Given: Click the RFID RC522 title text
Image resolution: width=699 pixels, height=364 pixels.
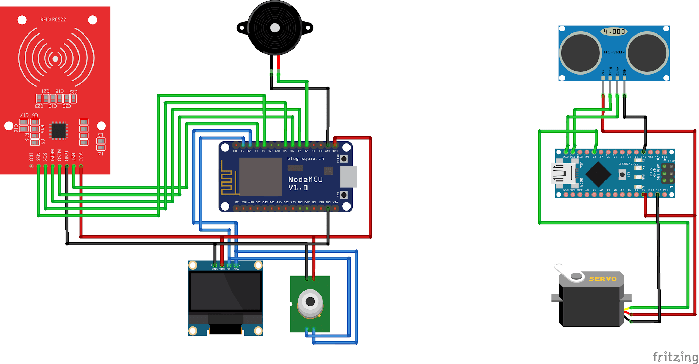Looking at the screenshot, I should [53, 19].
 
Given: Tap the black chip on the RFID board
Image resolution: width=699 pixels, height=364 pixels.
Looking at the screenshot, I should [58, 131].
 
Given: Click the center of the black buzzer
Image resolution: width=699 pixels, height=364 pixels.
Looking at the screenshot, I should [275, 28].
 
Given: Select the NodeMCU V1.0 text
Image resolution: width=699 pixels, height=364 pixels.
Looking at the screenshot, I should [305, 184].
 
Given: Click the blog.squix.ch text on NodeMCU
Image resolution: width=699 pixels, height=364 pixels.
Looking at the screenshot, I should [305, 159].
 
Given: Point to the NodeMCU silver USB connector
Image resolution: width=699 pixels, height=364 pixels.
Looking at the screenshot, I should [348, 177].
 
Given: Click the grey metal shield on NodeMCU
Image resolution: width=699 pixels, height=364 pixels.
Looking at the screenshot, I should [260, 176].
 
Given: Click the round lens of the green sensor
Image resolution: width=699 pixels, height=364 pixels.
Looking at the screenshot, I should [310, 301].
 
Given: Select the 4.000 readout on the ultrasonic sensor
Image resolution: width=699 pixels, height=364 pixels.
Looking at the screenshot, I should [614, 32].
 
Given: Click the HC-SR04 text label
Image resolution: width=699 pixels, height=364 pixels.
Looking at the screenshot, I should [614, 52].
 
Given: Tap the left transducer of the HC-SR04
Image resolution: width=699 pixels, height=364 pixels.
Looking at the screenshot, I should [580, 53].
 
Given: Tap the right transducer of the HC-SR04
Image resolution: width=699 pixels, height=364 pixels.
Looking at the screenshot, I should [647, 53].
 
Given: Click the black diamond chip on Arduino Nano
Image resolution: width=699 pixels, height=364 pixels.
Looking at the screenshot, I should [598, 174].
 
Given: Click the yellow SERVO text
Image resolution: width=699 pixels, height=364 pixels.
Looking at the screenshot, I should [602, 279].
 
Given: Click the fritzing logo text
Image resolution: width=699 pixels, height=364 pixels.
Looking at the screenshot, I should [675, 357].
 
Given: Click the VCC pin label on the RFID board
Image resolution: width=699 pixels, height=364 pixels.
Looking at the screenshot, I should [81, 157].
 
